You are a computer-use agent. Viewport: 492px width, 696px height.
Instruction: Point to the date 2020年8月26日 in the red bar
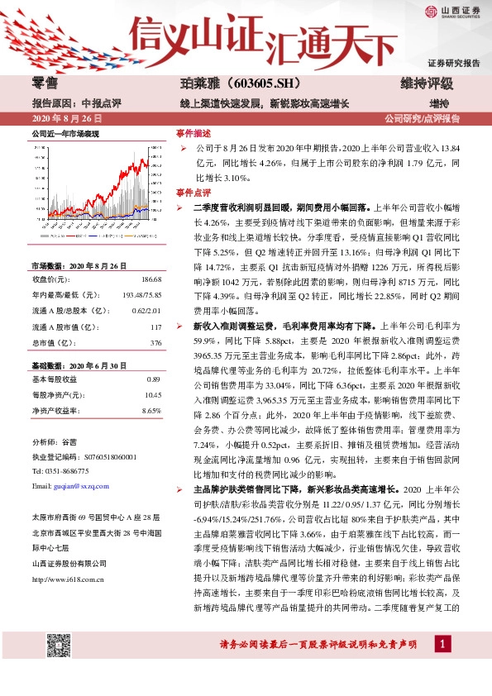(60, 118)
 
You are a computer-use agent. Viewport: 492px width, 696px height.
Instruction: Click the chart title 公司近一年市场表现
(65, 133)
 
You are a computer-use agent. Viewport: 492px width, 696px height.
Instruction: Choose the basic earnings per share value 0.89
(152, 379)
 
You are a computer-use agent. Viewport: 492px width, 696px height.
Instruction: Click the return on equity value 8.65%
(150, 410)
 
